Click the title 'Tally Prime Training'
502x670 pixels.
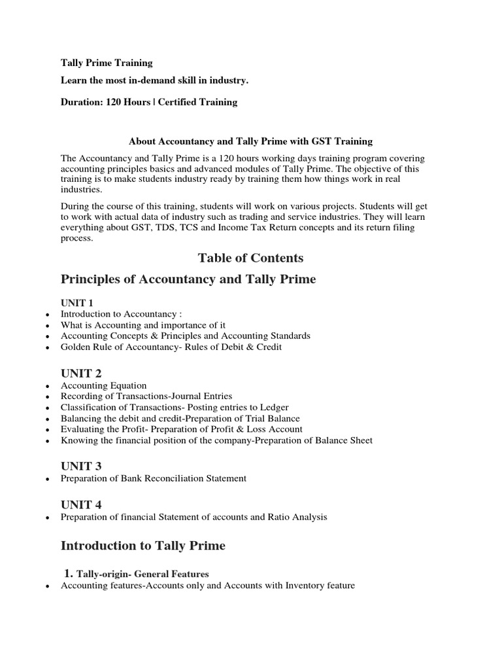click(x=107, y=63)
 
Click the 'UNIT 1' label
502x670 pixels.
click(x=77, y=303)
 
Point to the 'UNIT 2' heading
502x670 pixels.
click(x=81, y=373)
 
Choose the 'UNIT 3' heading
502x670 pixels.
click(x=81, y=466)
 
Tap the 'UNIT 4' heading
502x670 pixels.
click(x=81, y=504)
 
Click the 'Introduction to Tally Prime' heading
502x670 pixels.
click(x=143, y=546)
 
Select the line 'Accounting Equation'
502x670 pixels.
click(x=103, y=385)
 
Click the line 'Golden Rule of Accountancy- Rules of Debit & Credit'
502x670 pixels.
click(x=171, y=347)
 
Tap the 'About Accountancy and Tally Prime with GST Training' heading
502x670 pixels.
click(x=250, y=141)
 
